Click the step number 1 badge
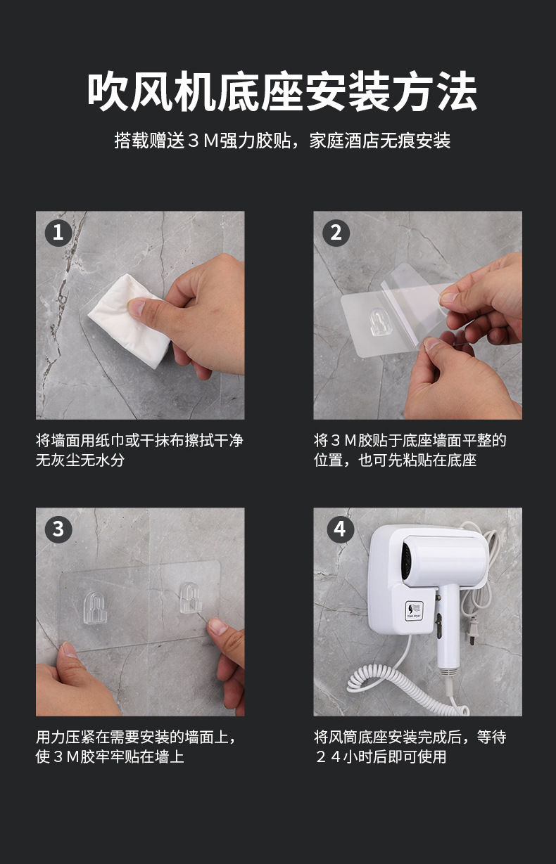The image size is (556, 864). [x=58, y=232]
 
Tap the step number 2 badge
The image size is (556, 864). [x=336, y=232]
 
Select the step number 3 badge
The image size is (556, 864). [x=58, y=529]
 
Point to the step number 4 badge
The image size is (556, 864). [x=340, y=529]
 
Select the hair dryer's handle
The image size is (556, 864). [x=446, y=633]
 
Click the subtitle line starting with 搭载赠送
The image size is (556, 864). [x=282, y=141]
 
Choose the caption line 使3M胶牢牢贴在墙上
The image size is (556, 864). [x=110, y=757]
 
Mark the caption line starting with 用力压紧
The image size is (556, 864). [x=135, y=737]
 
